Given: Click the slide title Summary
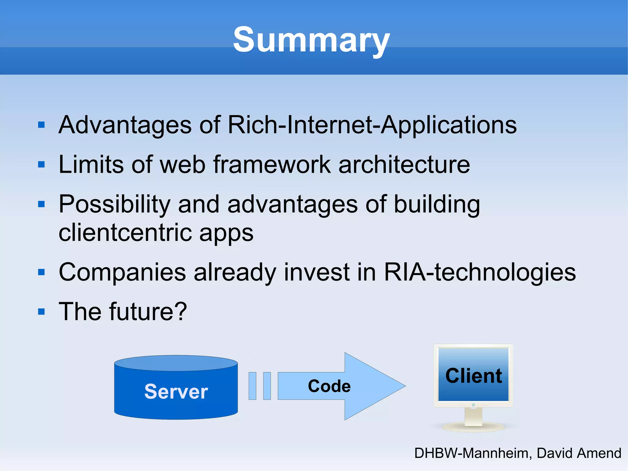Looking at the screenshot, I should pyautogui.click(x=311, y=40).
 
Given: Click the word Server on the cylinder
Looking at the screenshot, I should pyautogui.click(x=176, y=392).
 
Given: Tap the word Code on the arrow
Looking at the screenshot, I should pyautogui.click(x=329, y=386).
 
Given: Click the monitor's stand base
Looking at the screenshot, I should pyautogui.click(x=473, y=427).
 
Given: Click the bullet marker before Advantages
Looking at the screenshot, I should pyautogui.click(x=41, y=125).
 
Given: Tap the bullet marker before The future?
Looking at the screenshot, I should pyautogui.click(x=41, y=312).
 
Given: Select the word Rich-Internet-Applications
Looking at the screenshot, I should pyautogui.click(x=372, y=125).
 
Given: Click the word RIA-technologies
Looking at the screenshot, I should pyautogui.click(x=480, y=272).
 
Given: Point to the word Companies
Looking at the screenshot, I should pyautogui.click(x=122, y=272).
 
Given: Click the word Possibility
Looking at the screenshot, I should pyautogui.click(x=114, y=205).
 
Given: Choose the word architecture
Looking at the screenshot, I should pyautogui.click(x=404, y=164).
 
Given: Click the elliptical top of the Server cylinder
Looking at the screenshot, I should pyautogui.click(x=176, y=363).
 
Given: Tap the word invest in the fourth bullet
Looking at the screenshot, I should pyautogui.click(x=316, y=272).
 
